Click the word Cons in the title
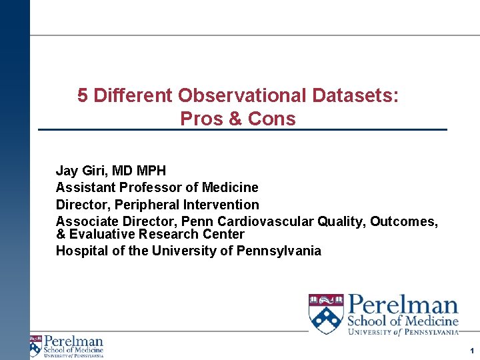[x=271, y=119]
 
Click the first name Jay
[x=67, y=171]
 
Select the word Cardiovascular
[x=272, y=221]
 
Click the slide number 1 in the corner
[x=470, y=351]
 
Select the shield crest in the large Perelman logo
[x=326, y=313]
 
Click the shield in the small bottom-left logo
[x=35, y=345]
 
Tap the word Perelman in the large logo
[x=403, y=307]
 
